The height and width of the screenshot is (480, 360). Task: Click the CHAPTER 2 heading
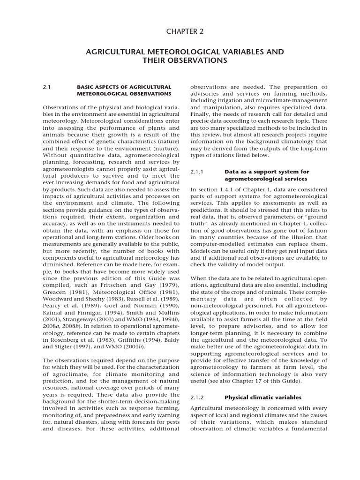click(184, 31)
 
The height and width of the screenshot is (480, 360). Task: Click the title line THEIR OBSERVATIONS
click(184, 61)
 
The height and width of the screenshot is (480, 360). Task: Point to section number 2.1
click(46, 87)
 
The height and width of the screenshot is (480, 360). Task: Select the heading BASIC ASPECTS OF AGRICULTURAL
click(124, 87)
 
